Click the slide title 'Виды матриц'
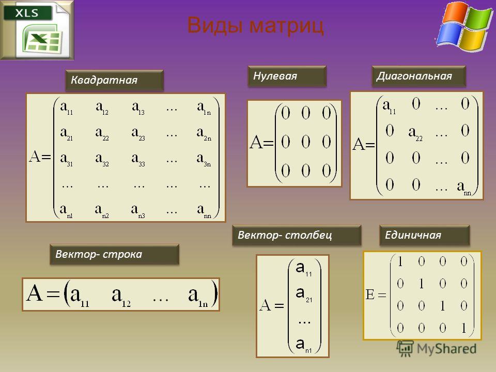click(x=256, y=25)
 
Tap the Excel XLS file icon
click(x=37, y=30)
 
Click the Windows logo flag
click(x=463, y=26)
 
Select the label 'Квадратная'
click(x=104, y=80)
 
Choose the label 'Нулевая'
click(x=275, y=76)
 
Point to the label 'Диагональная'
click(x=414, y=76)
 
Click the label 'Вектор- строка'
click(x=99, y=254)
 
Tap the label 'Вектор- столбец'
click(x=285, y=235)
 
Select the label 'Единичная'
click(x=413, y=235)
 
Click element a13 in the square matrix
click(x=138, y=108)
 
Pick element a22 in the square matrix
click(x=102, y=134)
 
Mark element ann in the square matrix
click(x=204, y=211)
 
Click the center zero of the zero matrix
click(x=305, y=142)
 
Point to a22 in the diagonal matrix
click(x=415, y=134)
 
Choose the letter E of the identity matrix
click(x=370, y=295)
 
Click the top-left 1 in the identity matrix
click(x=400, y=261)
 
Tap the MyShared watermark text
click(x=446, y=349)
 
